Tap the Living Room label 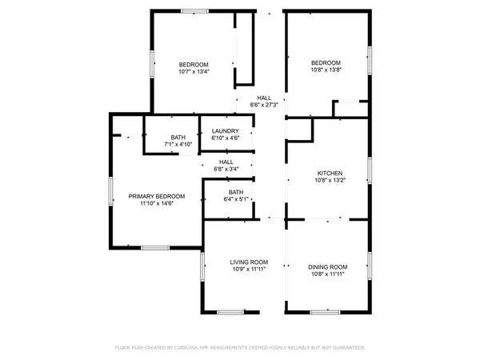249,262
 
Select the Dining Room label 328,266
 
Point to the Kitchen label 330,173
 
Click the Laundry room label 226,130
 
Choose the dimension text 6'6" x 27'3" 264,105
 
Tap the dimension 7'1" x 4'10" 178,144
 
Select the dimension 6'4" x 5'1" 236,200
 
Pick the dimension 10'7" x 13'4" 193,71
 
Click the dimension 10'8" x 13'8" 326,70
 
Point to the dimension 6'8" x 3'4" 226,169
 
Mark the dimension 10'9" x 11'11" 249,270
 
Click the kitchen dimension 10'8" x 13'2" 330,180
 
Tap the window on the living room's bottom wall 230,311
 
